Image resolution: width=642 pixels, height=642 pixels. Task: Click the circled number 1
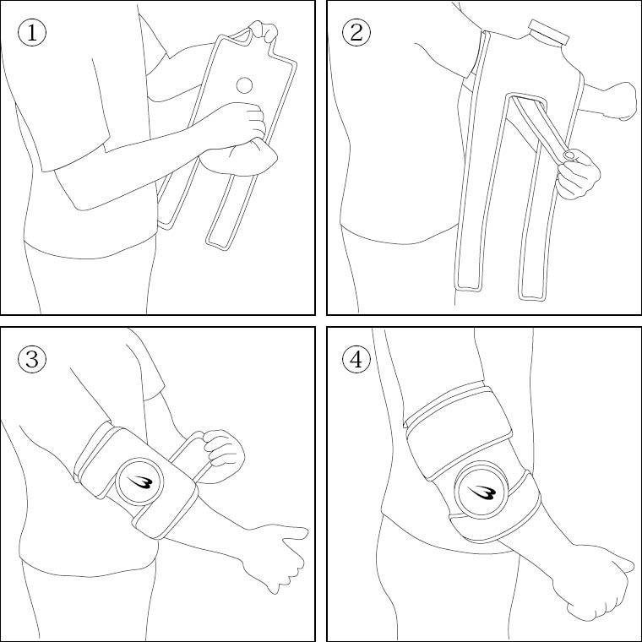click(x=32, y=32)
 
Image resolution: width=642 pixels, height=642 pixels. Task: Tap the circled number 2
click(x=356, y=32)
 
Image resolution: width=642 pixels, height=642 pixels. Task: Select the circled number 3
click(x=32, y=359)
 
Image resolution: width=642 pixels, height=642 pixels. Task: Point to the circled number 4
click(x=356, y=359)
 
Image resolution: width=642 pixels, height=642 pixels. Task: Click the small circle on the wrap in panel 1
click(x=244, y=85)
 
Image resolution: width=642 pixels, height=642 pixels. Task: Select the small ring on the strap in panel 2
click(x=569, y=155)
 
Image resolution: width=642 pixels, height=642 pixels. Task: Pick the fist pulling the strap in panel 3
click(x=223, y=455)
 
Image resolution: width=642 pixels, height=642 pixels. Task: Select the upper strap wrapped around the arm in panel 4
click(x=459, y=430)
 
